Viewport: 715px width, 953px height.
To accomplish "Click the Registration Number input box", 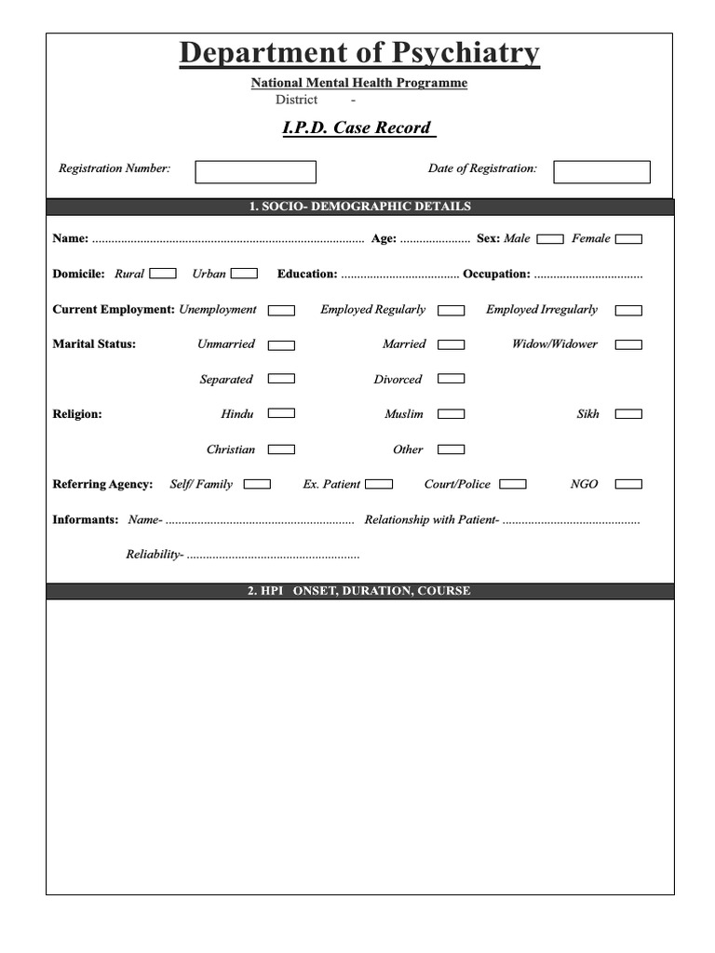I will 255,172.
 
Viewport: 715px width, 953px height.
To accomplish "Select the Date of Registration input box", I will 601,172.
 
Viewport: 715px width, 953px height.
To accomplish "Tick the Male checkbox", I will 550,239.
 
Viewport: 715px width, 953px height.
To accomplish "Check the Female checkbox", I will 628,239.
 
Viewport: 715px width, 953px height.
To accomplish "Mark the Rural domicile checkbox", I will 163,274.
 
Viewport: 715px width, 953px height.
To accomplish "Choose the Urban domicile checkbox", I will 244,274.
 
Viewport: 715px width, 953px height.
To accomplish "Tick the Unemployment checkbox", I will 281,310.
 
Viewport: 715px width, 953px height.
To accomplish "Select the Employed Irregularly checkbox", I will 628,310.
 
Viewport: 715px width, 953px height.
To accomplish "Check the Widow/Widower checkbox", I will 628,344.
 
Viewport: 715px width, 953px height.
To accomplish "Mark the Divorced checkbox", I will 451,379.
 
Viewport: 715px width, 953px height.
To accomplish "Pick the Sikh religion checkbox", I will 628,414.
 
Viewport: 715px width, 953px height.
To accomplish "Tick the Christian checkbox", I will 281,450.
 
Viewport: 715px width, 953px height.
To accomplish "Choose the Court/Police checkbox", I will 512,484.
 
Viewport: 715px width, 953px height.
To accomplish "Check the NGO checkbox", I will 628,484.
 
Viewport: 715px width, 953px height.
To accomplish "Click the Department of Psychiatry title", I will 359,53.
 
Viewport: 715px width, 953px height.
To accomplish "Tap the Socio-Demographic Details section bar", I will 359,207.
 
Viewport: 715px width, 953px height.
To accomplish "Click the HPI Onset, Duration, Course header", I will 359,591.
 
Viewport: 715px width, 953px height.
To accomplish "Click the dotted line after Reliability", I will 273,556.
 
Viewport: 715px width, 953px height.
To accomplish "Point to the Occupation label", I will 496,274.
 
